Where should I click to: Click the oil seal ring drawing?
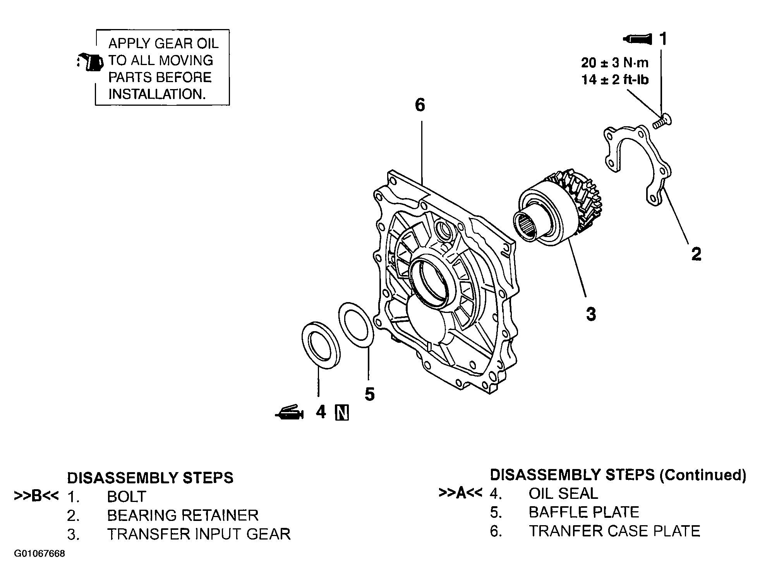321,345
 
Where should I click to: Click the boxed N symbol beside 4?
342,412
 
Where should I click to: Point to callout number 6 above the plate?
420,105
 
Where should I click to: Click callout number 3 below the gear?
591,314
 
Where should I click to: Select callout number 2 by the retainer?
696,254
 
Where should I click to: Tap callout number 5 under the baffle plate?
370,394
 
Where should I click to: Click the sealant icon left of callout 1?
637,39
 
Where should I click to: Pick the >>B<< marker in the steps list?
36,496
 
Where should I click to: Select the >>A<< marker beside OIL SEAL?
461,493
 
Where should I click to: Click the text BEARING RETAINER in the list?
183,515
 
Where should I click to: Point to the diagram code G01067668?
39,553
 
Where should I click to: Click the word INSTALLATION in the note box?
157,94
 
